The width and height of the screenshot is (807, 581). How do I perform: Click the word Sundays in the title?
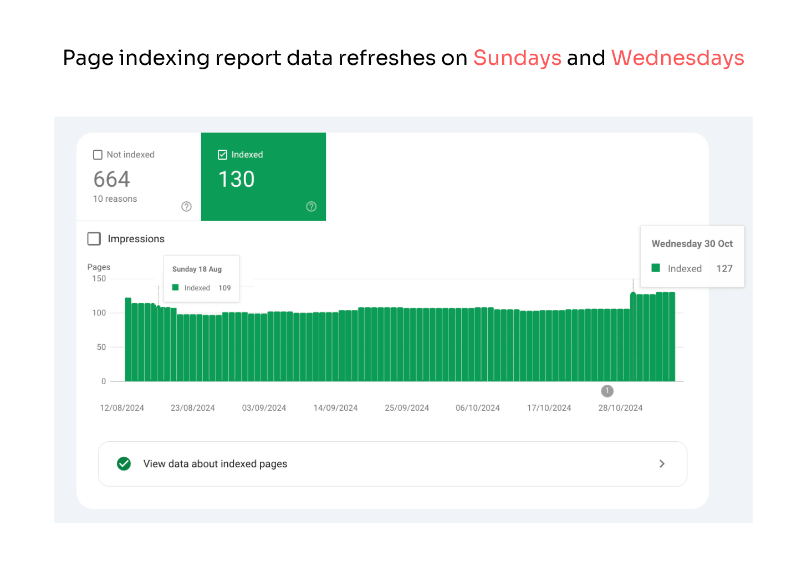pos(517,58)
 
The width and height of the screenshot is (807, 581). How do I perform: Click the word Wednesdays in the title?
pos(677,58)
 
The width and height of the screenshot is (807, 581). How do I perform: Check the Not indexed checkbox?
pos(98,155)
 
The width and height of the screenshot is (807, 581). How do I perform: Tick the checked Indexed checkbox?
pos(223,155)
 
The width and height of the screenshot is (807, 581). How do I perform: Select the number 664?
pos(111,179)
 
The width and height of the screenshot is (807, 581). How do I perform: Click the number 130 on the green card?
pos(236,179)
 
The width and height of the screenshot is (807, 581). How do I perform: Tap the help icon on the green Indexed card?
pos(311,206)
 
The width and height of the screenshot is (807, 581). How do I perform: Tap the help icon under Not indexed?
pos(187,206)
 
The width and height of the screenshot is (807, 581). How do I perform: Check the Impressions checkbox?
pos(94,239)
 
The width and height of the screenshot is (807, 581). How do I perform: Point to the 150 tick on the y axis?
pos(99,279)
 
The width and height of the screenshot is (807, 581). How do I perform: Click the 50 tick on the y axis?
pos(101,347)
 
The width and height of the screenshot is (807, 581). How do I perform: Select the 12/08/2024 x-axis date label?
pos(122,408)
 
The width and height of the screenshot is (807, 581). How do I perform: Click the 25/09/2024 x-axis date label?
pos(407,408)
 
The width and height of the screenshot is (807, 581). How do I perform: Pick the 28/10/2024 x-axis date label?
pos(620,408)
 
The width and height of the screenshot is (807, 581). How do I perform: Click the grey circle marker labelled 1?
pos(607,391)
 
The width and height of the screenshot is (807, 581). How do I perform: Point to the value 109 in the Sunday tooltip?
pos(224,288)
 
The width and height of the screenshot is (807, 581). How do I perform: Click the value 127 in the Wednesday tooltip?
pos(724,268)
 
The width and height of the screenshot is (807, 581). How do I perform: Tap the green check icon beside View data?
pos(124,463)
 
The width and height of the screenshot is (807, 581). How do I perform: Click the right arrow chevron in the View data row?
pos(662,463)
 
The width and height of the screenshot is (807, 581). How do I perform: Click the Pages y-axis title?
pos(99,267)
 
